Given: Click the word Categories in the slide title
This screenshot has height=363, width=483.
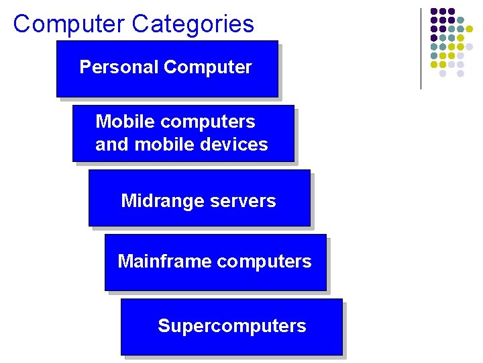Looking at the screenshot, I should (x=193, y=24).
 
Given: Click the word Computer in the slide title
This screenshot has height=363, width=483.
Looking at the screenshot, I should (x=70, y=24).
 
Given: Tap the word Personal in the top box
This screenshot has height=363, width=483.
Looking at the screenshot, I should (x=119, y=67).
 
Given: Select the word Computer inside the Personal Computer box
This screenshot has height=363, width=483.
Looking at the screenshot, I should (x=207, y=67).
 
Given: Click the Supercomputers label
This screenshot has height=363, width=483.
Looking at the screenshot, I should (x=232, y=326).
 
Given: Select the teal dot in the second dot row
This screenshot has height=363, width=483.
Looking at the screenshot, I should (x=461, y=20).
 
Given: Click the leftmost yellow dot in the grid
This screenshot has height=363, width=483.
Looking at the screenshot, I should (x=434, y=65).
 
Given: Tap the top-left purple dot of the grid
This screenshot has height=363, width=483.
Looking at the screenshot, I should (x=434, y=11).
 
